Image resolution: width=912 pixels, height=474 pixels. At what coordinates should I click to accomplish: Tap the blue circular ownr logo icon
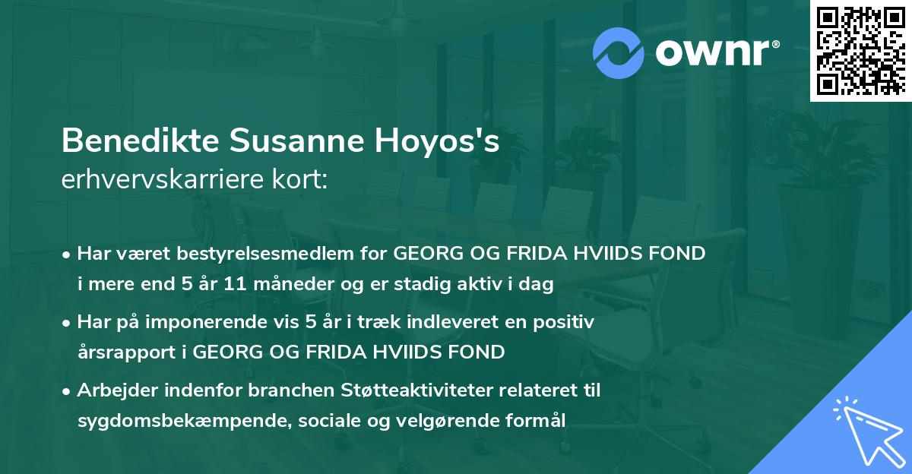coord(619,52)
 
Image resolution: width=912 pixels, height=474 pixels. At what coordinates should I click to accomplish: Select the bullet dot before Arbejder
coord(68,391)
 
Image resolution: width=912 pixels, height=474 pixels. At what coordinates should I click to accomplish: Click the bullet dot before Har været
coord(68,255)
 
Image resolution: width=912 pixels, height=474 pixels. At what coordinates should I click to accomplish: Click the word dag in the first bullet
coord(539,285)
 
